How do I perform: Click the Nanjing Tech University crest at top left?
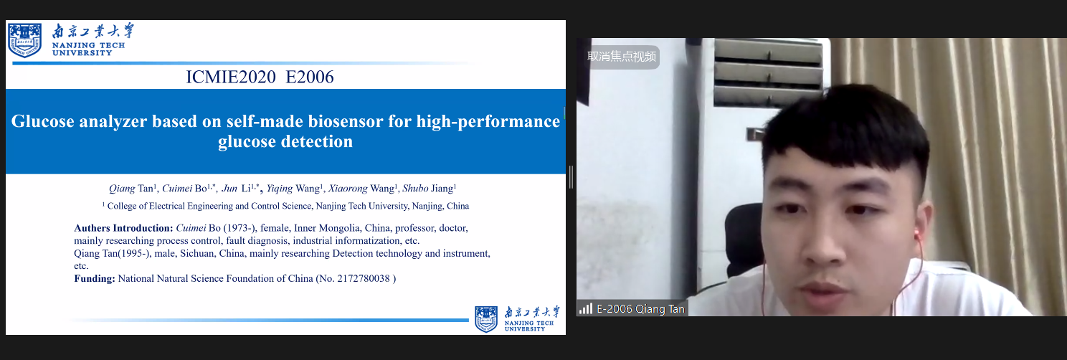25,39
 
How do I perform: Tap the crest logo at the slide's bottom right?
486,319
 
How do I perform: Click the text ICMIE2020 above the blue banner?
231,77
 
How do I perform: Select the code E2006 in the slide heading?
310,77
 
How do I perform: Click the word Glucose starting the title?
43,121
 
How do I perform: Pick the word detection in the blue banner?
317,141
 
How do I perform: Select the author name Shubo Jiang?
430,188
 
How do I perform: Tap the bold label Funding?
95,278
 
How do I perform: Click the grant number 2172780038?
364,278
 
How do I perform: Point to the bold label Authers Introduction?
123,228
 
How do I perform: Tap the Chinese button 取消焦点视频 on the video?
622,57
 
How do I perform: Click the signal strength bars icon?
585,308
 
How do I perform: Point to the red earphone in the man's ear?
916,235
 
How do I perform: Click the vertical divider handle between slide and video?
571,177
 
